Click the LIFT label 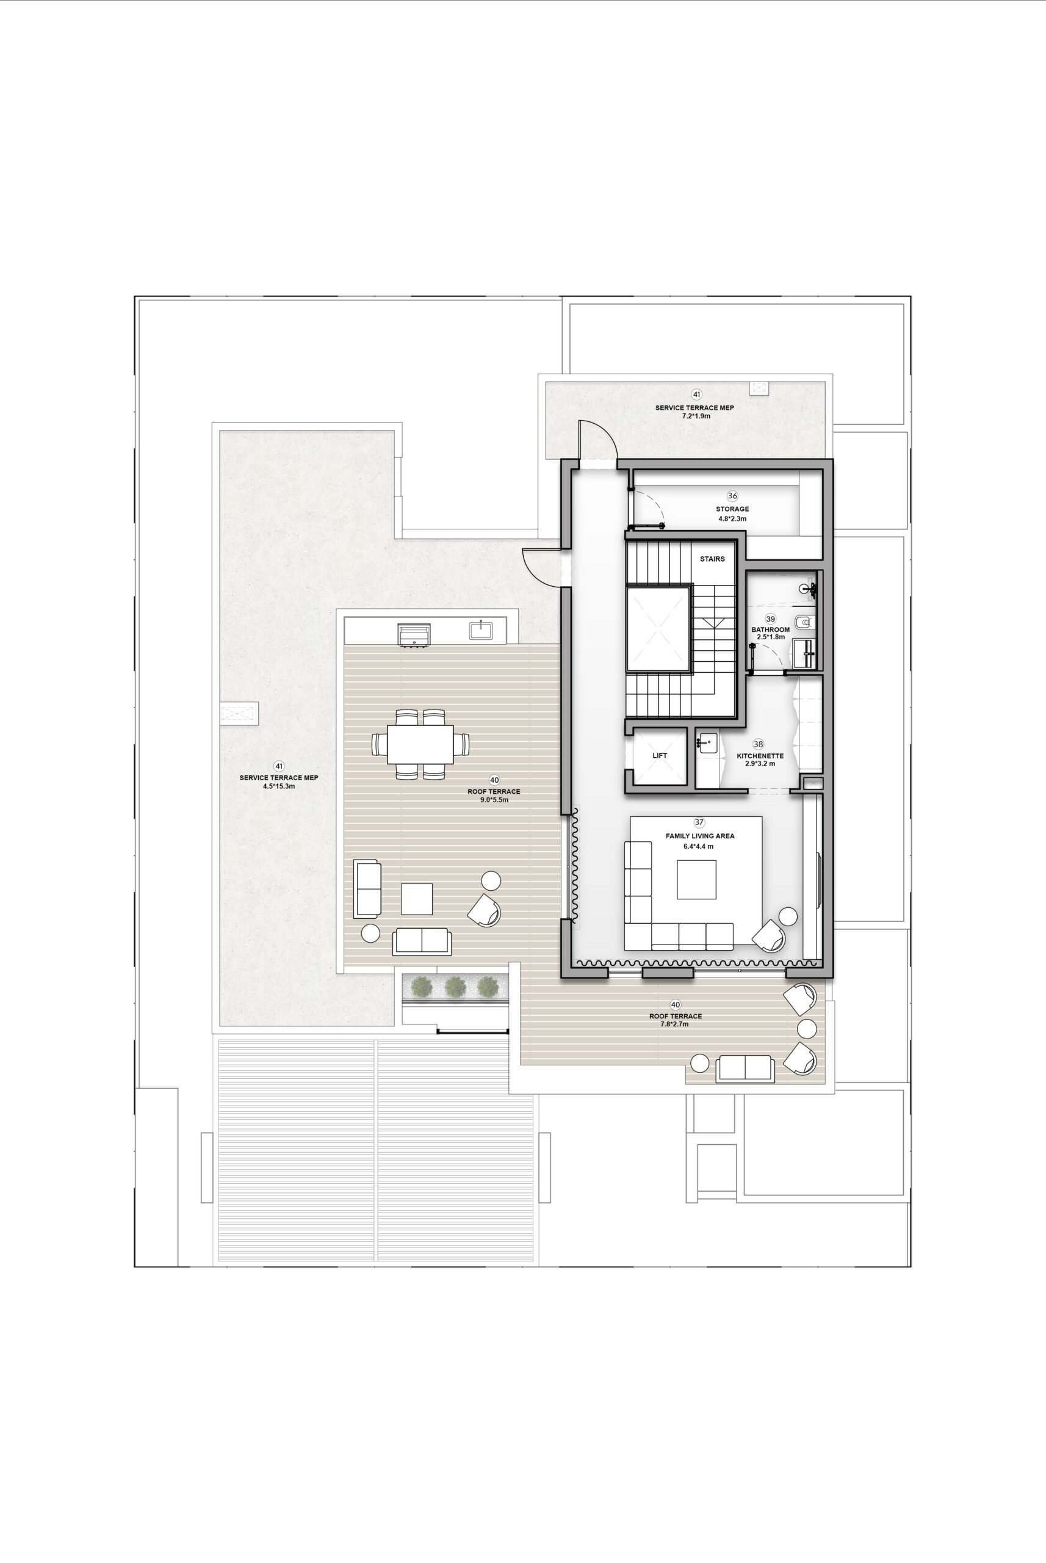(660, 755)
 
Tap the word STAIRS (712, 559)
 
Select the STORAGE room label (732, 509)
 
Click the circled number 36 (732, 496)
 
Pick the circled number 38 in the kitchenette (759, 744)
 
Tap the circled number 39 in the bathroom (771, 618)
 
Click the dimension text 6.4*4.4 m (698, 846)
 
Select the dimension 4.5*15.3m (279, 787)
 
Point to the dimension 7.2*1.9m (696, 416)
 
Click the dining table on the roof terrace (420, 744)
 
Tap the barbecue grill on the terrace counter (414, 635)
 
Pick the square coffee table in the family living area (696, 880)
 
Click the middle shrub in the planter (455, 985)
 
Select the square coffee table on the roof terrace (417, 899)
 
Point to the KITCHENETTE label (760, 756)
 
